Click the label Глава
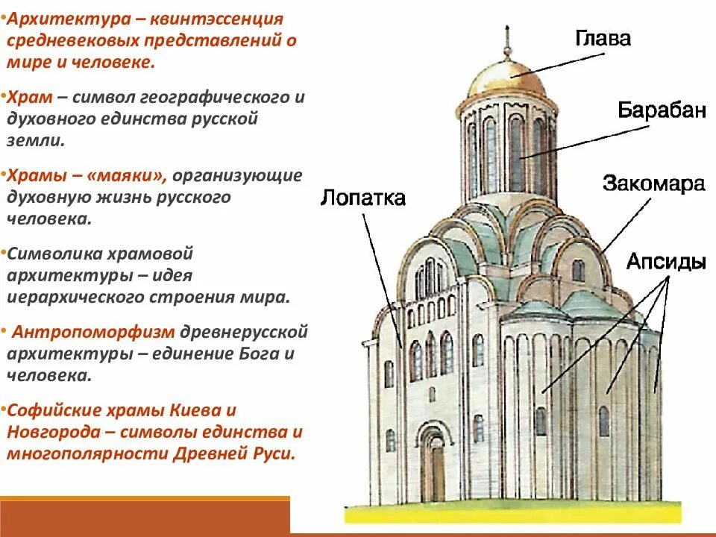pos(603,39)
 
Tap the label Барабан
pos(661,110)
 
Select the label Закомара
pos(653,183)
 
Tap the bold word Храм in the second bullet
pos(28,98)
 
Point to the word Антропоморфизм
pos(93,331)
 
